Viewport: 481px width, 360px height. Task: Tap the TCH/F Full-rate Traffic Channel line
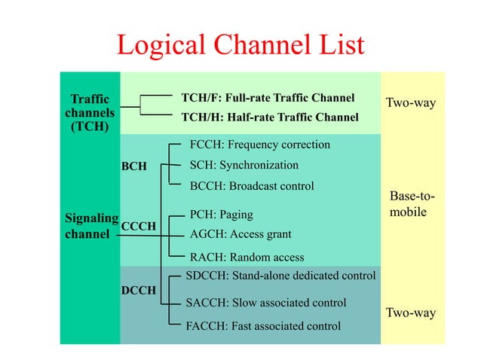point(268,98)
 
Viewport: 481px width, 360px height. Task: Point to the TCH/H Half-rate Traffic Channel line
point(269,117)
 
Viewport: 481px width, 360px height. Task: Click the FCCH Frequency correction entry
point(259,144)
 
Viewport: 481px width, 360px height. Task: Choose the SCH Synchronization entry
point(244,165)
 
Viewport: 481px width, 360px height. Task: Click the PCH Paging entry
point(221,215)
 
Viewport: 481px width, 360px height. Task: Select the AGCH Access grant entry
point(240,233)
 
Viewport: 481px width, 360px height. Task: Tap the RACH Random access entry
point(247,257)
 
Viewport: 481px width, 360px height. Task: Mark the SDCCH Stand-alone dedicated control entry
point(280,276)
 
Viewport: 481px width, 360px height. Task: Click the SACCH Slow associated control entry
point(265,303)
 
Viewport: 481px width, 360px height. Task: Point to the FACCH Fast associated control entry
point(262,326)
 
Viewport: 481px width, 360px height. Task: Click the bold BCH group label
point(134,166)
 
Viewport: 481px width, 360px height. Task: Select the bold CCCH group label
point(138,226)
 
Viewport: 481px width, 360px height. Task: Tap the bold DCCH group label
point(139,289)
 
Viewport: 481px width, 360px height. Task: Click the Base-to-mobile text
point(412,205)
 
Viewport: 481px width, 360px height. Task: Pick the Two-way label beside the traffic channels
point(411,102)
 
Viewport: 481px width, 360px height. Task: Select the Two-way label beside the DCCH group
point(411,313)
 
